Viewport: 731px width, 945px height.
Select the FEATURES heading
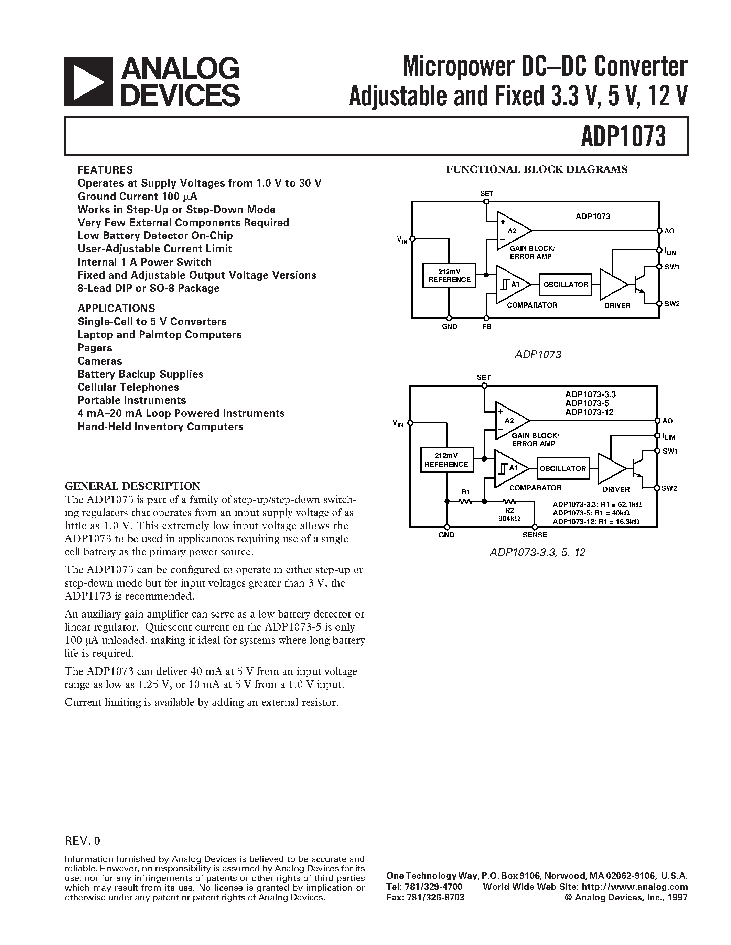pos(105,170)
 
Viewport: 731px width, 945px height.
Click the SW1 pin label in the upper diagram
pos(672,267)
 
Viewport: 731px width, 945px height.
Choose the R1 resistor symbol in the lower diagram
pos(465,501)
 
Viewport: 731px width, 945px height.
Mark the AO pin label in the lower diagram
pos(667,421)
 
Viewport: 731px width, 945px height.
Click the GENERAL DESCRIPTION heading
pos(132,486)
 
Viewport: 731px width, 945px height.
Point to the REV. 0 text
pos(82,841)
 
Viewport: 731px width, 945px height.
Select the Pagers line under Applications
pos(95,348)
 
